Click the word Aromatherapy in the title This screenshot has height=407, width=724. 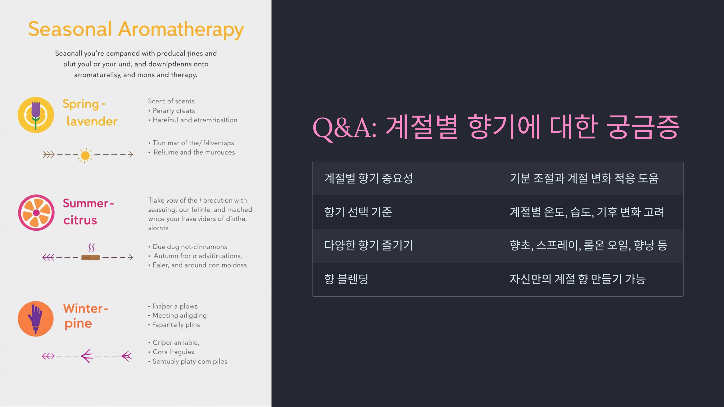pos(181,30)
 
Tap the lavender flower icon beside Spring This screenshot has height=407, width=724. pos(36,115)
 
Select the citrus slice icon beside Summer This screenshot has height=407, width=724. pos(36,213)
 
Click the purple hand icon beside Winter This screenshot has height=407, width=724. pos(36,319)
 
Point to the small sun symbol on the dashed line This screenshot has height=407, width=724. pos(85,155)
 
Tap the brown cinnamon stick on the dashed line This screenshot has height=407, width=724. pos(91,257)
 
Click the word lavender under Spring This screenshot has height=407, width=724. pos(92,121)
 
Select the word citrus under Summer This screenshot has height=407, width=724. pos(80,220)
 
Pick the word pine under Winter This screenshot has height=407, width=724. pos(78,323)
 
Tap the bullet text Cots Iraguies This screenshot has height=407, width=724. pos(173,352)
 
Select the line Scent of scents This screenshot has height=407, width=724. pos(171,101)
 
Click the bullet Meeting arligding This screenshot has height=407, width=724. pos(179,315)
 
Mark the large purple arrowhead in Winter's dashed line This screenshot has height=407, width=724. pos(87,356)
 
